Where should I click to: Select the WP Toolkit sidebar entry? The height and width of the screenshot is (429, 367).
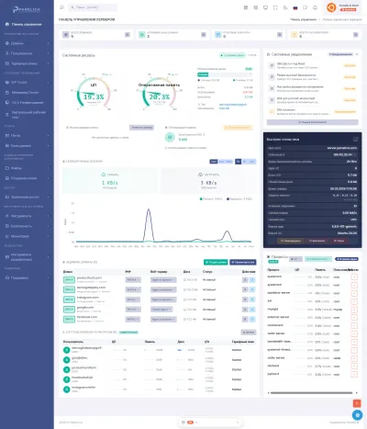21,82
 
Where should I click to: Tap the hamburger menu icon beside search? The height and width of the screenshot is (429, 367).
65,8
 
